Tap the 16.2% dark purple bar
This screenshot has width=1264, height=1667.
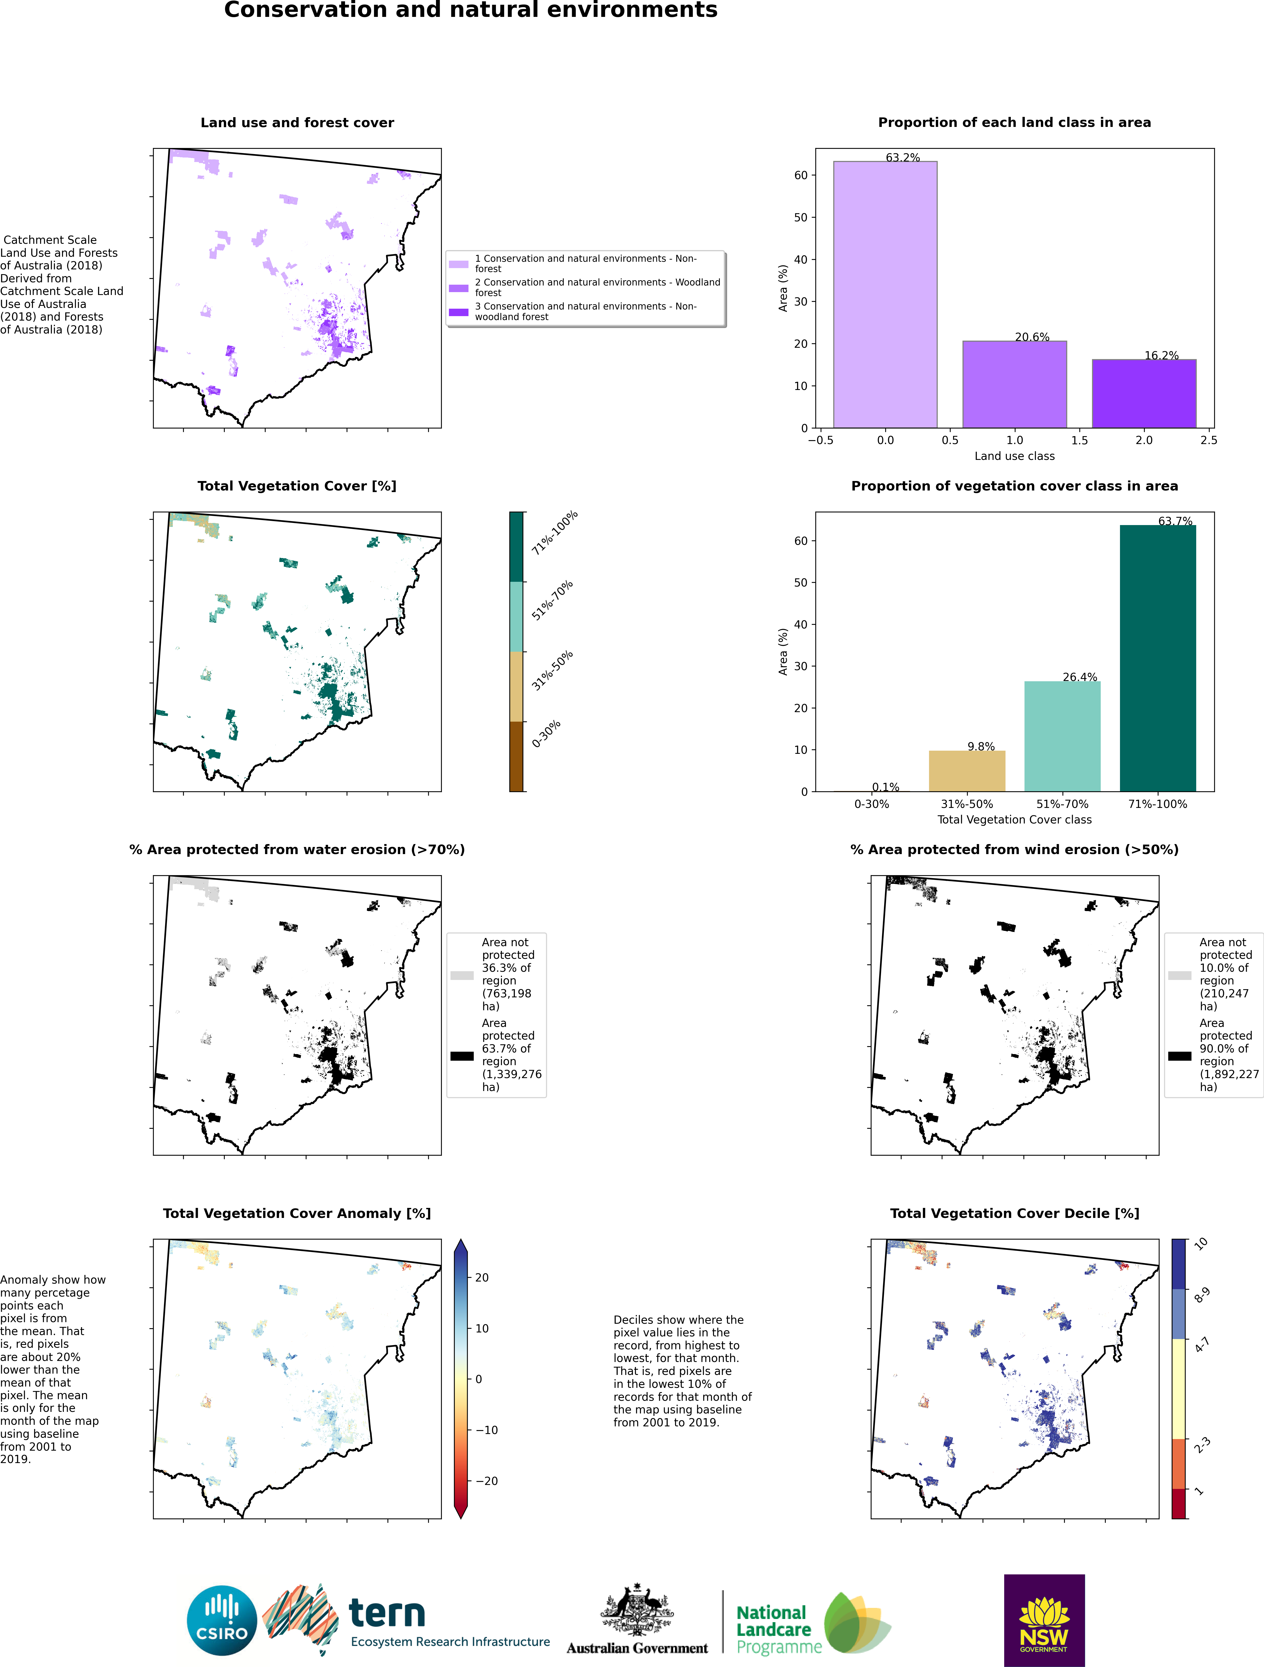click(x=1143, y=393)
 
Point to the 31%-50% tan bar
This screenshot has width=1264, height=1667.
click(x=966, y=771)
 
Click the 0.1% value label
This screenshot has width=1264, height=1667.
click(x=885, y=787)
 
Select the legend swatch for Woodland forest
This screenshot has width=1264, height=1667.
click(x=459, y=288)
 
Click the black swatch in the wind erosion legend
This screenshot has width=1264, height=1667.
click(x=1179, y=1056)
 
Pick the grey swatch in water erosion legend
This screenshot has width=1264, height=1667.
click(x=462, y=975)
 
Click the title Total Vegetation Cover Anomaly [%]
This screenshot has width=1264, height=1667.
click(x=297, y=1213)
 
